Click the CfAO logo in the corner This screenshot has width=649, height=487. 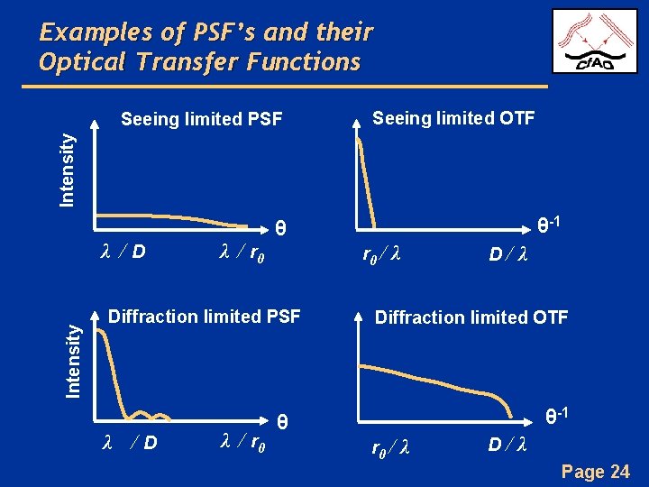tap(594, 41)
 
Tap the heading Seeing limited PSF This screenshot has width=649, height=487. tap(202, 119)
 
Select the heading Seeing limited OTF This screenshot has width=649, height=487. tap(453, 118)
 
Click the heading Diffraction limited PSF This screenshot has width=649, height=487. tap(205, 317)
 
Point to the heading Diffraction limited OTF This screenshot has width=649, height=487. tap(471, 317)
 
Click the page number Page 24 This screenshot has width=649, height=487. tap(595, 472)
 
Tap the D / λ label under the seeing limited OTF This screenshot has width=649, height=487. tap(508, 255)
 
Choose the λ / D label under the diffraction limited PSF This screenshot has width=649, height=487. tap(130, 443)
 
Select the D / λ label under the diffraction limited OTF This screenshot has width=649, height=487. tap(507, 445)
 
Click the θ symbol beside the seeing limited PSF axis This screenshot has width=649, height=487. tap(280, 228)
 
